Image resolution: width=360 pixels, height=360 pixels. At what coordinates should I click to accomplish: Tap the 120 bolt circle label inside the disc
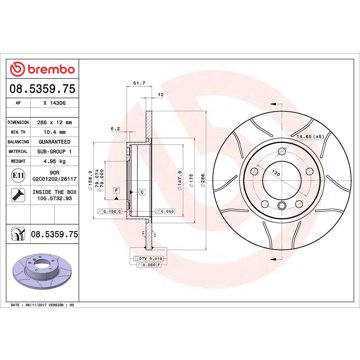pos(247,174)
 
